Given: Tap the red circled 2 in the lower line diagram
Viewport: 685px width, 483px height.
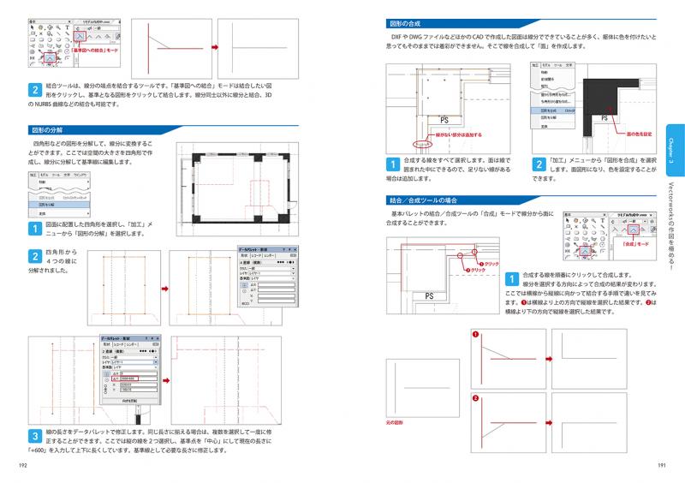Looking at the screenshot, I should tap(475, 399).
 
